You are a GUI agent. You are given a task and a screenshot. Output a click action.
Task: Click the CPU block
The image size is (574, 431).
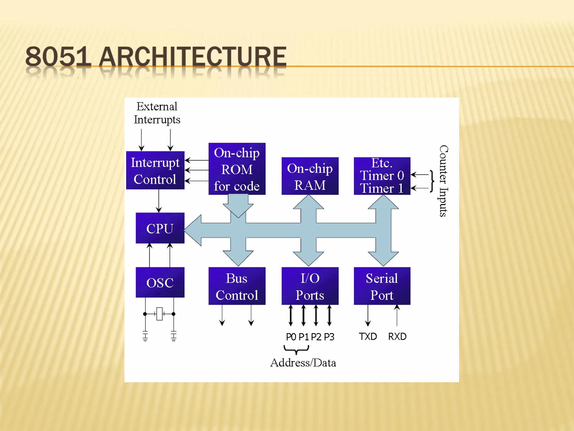coord(160,228)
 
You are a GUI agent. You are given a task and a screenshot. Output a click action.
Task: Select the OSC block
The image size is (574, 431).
coord(160,282)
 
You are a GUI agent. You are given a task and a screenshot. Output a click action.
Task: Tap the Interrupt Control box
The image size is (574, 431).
coord(155,170)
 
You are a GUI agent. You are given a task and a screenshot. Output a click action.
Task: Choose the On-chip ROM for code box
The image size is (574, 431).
coord(237,169)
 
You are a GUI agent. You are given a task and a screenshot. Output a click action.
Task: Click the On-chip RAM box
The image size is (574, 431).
coord(310,176)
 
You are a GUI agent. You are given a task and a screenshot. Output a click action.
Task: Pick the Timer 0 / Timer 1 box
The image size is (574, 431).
coord(382,176)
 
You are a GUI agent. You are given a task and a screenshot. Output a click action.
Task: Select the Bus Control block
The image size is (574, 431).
coord(237,286)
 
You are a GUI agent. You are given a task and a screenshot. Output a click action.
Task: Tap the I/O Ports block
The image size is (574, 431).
coord(310,286)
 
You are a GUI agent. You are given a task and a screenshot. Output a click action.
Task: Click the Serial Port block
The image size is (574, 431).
coord(382,286)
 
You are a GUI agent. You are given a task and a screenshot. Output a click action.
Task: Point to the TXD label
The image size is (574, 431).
coord(368,336)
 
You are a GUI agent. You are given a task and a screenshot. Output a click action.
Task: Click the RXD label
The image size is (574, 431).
coord(397,336)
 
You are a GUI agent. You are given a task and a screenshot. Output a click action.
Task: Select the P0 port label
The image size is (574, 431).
coord(291,337)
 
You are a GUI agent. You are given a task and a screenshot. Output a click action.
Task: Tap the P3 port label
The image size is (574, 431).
coord(329,337)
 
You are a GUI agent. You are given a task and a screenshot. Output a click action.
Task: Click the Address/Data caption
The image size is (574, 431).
coord(303,363)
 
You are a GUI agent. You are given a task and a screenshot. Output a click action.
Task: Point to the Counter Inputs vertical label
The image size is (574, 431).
coord(443,181)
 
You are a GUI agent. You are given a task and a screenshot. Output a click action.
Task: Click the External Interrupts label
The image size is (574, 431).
coord(157,113)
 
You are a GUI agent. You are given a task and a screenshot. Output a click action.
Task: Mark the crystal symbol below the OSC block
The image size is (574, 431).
coord(159,314)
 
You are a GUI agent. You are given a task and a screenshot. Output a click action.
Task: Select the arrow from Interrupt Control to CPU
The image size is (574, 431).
coord(159,201)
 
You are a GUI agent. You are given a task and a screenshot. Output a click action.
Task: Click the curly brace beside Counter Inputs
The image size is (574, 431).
coord(432,181)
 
